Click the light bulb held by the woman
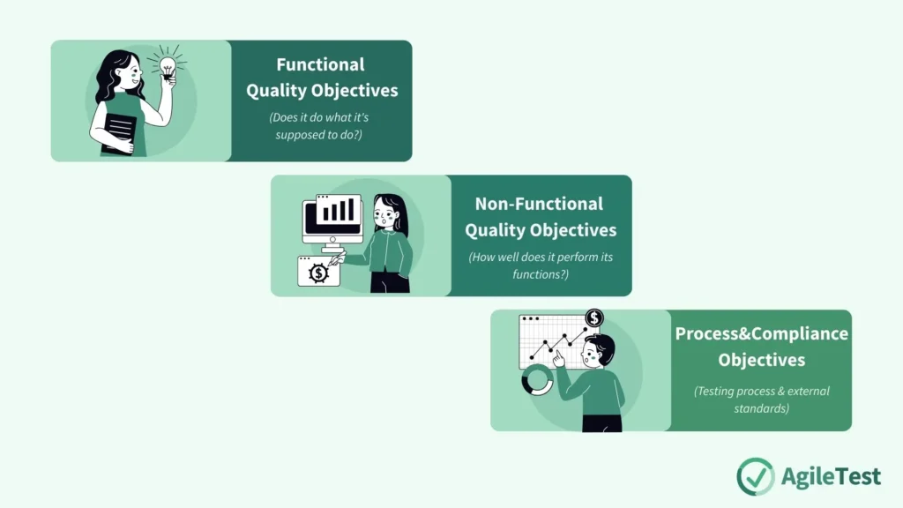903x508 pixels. tap(165, 67)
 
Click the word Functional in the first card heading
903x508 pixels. tap(320, 64)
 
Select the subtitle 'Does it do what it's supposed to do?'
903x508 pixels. tap(322, 126)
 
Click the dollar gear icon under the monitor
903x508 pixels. tap(318, 273)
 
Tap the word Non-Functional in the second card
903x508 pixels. tap(539, 204)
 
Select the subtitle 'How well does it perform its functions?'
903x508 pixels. tap(540, 265)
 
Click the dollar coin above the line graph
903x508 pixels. tap(594, 317)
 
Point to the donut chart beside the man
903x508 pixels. tap(537, 381)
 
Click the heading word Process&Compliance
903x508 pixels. tap(761, 333)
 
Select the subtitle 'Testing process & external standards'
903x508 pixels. tap(761, 400)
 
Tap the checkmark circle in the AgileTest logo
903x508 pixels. tap(755, 476)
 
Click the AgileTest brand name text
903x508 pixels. tap(831, 476)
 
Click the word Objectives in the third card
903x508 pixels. tap(761, 360)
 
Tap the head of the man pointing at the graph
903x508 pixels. tap(600, 350)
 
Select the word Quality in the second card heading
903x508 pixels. tap(496, 230)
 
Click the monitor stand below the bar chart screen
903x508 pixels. tap(333, 246)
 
